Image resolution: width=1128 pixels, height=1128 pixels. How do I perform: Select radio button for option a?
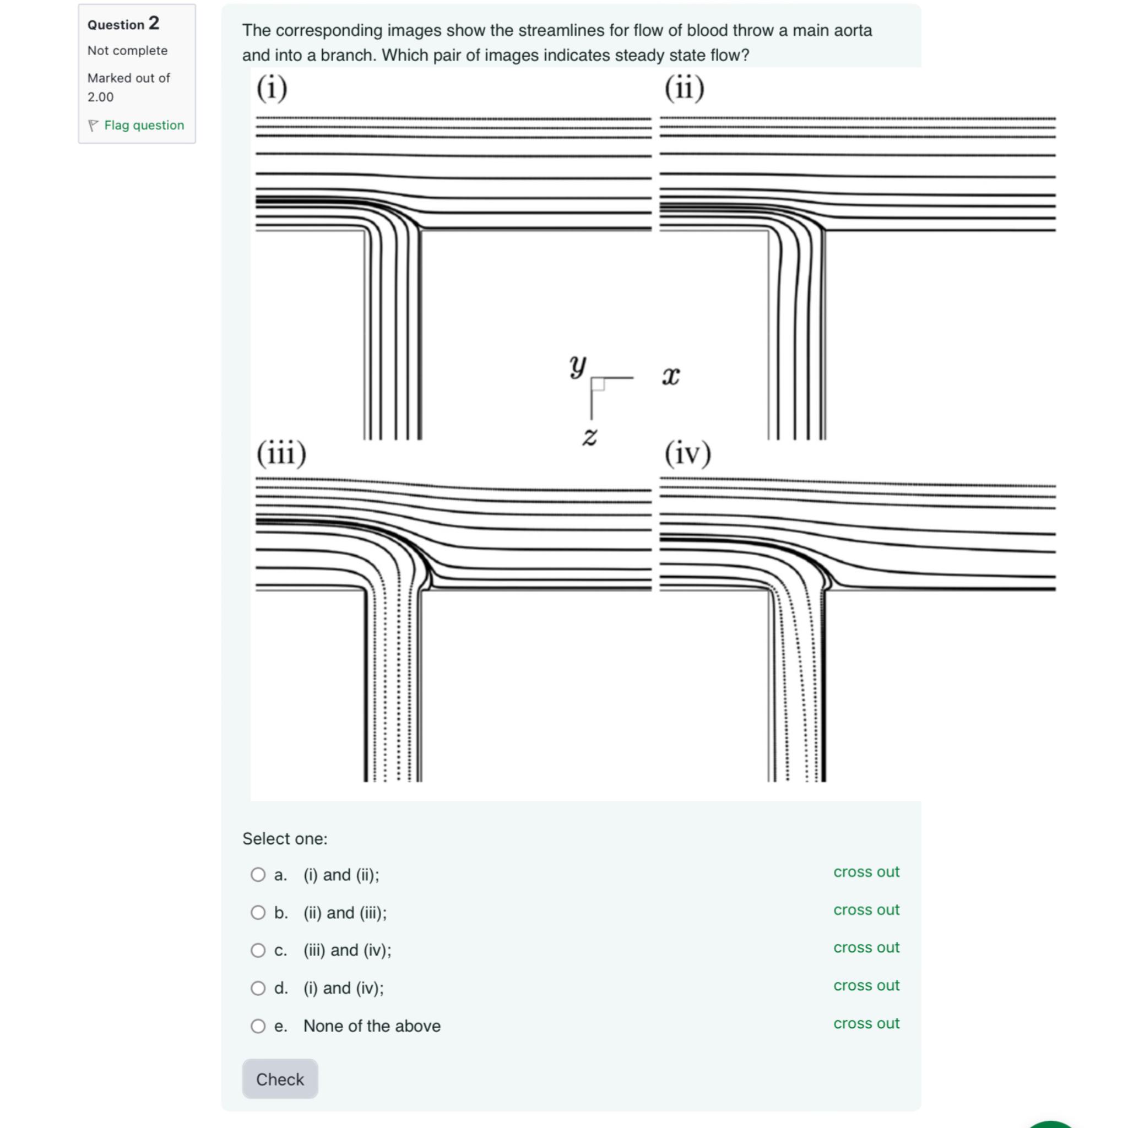[x=258, y=875]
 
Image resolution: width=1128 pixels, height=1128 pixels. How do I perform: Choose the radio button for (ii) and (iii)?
[x=258, y=913]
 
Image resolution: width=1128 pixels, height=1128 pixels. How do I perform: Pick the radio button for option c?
[x=258, y=951]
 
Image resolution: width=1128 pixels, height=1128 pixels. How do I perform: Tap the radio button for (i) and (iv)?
[x=258, y=989]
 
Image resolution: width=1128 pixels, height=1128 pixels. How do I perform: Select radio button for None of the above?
[x=258, y=1027]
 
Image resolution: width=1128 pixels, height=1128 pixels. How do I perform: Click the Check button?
[x=280, y=1080]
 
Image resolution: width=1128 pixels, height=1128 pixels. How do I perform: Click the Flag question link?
[x=144, y=125]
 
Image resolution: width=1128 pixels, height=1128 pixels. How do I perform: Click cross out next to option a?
[x=866, y=872]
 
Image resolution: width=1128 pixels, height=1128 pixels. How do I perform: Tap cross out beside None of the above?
[x=866, y=1023]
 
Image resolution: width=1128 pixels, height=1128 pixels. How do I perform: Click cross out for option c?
[x=866, y=947]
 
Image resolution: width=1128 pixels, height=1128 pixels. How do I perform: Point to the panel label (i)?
[x=272, y=89]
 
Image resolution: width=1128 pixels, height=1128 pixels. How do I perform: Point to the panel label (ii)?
[x=684, y=89]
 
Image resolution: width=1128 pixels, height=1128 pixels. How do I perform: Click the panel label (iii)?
[x=281, y=454]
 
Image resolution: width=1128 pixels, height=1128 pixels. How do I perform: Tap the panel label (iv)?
[x=688, y=454]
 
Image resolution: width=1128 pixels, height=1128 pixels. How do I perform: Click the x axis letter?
[x=671, y=376]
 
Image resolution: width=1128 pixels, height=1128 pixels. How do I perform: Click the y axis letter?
[x=577, y=366]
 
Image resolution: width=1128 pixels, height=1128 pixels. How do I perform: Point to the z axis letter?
[x=590, y=436]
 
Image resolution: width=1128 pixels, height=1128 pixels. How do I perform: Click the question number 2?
[x=154, y=23]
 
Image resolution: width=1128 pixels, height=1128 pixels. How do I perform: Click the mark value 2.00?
[x=100, y=97]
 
